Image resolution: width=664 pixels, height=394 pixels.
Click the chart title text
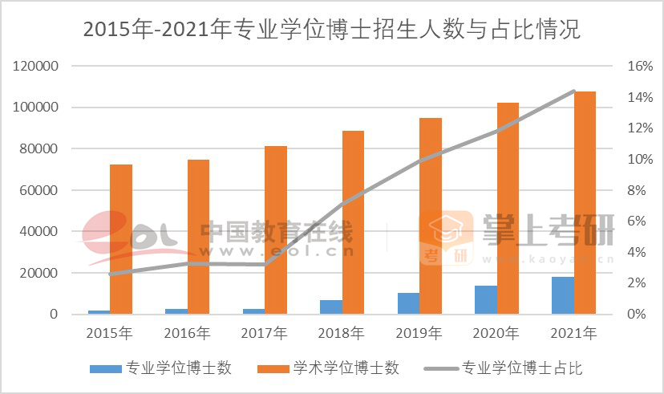tap(331, 30)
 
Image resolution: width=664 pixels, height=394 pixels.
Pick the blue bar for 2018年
tap(330, 307)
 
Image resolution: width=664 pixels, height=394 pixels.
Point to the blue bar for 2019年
tap(408, 303)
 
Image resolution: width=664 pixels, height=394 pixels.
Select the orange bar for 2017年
tap(276, 229)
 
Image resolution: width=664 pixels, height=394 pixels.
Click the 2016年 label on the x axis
tap(188, 332)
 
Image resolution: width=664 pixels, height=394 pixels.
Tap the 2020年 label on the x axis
tap(497, 332)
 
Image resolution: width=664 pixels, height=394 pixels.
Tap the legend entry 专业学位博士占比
tap(522, 368)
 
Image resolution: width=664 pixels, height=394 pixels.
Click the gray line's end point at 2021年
tap(574, 91)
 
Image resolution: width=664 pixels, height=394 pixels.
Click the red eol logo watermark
tap(132, 235)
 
